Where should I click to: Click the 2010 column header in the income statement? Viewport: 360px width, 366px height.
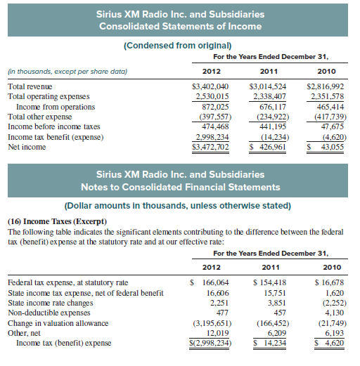(326, 70)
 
